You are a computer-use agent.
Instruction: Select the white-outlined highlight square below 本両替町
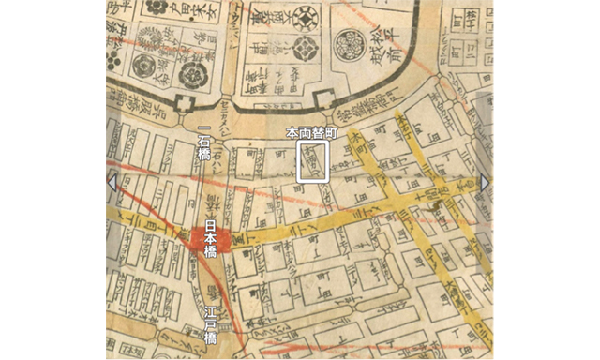click(x=312, y=161)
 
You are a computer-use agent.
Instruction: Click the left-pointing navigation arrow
click(x=112, y=181)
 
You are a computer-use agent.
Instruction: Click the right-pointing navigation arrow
click(x=485, y=181)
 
